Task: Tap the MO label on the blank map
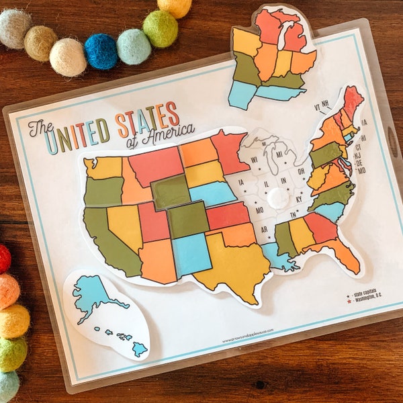click(259, 210)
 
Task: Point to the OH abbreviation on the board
click(300, 170)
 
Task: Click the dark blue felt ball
click(101, 51)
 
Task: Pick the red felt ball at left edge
click(4, 259)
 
